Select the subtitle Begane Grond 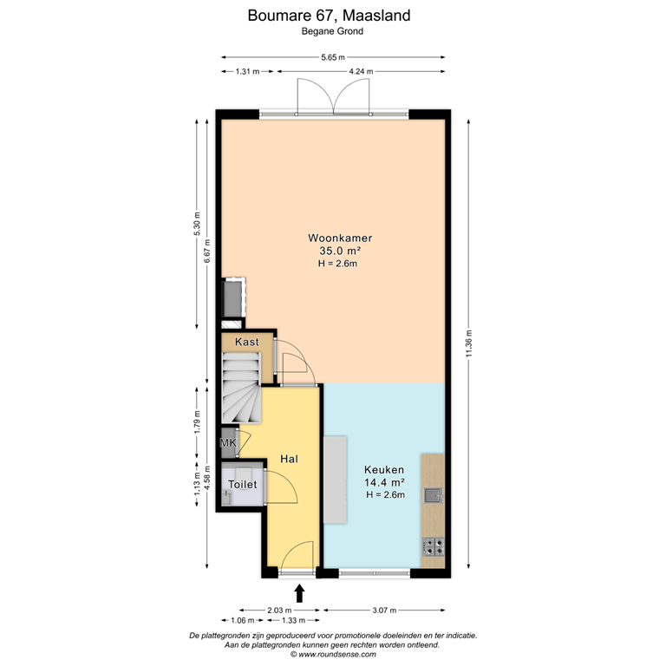[332, 31]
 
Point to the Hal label [289, 459]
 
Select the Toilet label [242, 485]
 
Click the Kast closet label [247, 343]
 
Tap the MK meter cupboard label [228, 444]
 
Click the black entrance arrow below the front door [300, 593]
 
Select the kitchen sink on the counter [433, 495]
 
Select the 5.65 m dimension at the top [333, 57]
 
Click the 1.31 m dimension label [247, 72]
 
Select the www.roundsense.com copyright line [333, 655]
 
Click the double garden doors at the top [317, 96]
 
